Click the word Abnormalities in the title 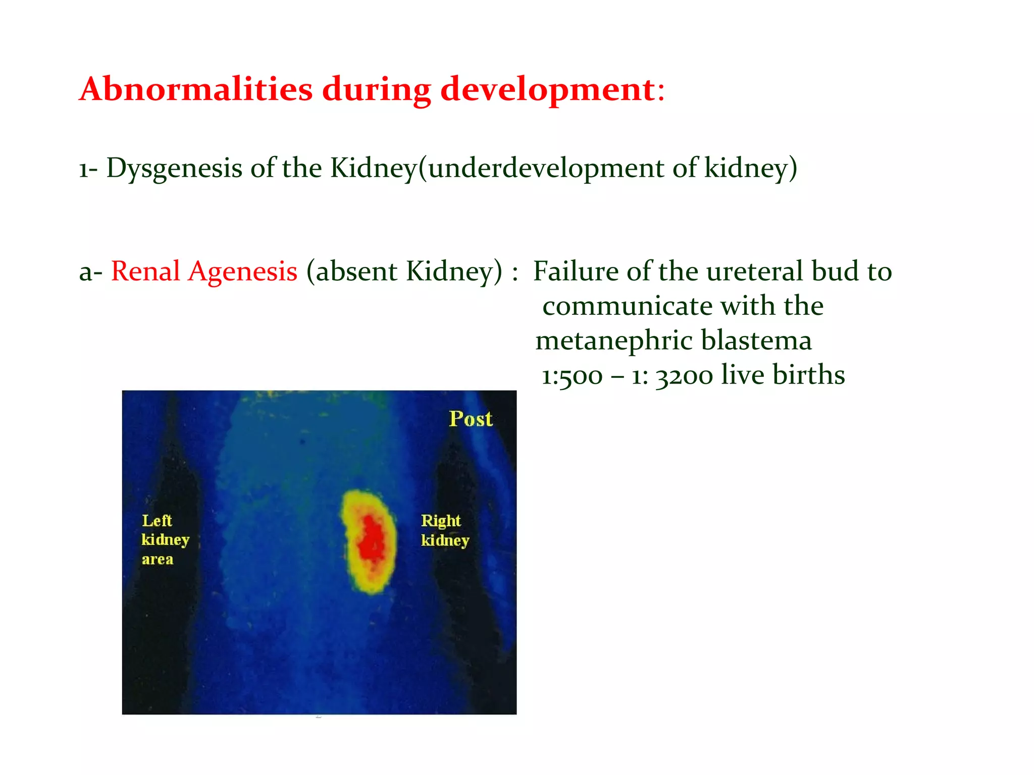tap(196, 89)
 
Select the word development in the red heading tap(548, 89)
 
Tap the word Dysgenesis tap(174, 168)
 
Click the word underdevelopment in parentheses tap(545, 168)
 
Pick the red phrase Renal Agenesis tap(204, 271)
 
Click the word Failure tap(576, 271)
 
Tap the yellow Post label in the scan tap(471, 419)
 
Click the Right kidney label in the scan tap(444, 530)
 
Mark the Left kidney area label tap(165, 540)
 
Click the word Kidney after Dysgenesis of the tap(373, 168)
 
